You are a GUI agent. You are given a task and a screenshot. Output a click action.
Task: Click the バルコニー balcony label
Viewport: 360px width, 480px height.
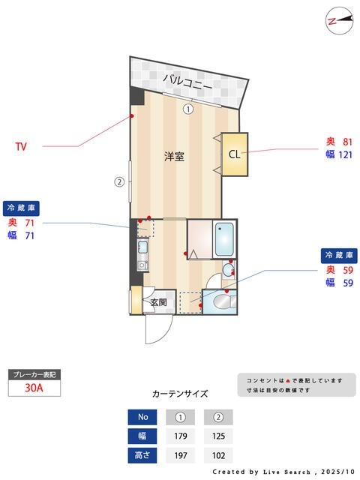(x=187, y=82)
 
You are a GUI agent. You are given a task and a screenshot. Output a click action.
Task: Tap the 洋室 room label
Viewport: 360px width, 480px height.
(x=175, y=157)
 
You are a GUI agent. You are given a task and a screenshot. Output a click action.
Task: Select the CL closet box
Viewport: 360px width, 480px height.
(x=235, y=155)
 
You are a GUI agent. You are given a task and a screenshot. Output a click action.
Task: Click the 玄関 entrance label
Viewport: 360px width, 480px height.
(x=158, y=303)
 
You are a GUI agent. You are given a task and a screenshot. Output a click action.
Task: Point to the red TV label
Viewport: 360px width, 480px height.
(x=22, y=147)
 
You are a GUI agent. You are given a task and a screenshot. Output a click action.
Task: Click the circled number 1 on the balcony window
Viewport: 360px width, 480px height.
(x=188, y=109)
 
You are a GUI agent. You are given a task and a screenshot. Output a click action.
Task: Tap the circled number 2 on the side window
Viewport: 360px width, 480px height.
(x=118, y=181)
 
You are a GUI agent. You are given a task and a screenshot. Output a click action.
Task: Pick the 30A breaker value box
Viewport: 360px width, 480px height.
(x=33, y=388)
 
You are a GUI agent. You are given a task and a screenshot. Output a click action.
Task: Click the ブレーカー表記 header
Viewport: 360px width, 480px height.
(x=33, y=373)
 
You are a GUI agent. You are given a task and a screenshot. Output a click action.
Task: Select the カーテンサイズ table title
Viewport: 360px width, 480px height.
(x=180, y=393)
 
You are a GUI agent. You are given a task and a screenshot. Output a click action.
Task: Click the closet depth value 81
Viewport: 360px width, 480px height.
(x=348, y=142)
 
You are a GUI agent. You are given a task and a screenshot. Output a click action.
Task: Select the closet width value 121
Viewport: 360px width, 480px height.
(x=345, y=154)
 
